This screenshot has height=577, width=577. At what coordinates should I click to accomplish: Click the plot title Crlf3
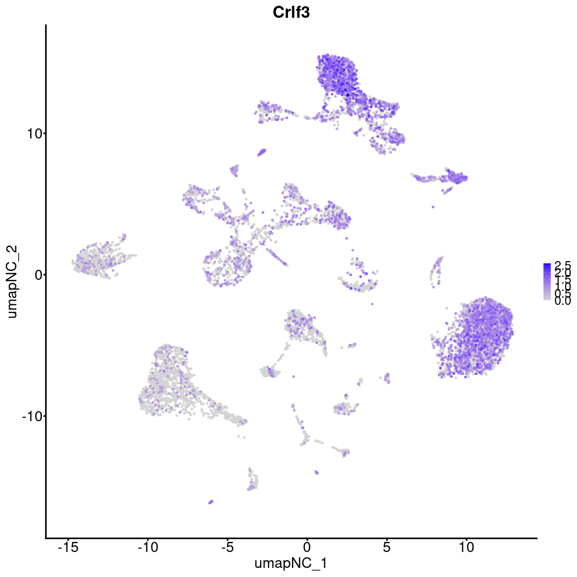(291, 13)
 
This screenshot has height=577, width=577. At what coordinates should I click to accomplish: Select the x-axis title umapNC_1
(291, 563)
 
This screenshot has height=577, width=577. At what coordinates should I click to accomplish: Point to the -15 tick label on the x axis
(67, 547)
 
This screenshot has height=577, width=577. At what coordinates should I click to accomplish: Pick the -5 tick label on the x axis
(227, 547)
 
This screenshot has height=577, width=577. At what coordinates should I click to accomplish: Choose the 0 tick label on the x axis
(307, 547)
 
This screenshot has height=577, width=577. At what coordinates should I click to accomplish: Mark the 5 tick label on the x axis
(387, 547)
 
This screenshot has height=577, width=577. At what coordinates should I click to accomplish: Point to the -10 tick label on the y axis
(31, 416)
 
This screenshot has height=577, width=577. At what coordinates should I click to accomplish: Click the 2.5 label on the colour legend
(562, 265)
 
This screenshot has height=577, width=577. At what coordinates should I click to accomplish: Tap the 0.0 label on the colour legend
(562, 301)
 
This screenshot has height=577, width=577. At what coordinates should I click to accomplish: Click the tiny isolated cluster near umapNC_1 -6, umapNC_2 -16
(211, 502)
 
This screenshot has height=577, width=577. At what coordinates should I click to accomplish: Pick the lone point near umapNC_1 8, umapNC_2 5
(433, 207)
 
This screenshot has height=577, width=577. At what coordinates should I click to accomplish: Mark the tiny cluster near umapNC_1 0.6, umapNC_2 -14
(316, 472)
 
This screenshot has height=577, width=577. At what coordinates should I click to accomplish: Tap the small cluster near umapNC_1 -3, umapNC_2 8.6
(262, 152)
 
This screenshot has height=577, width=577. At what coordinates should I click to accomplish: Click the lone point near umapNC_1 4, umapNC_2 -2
(372, 303)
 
